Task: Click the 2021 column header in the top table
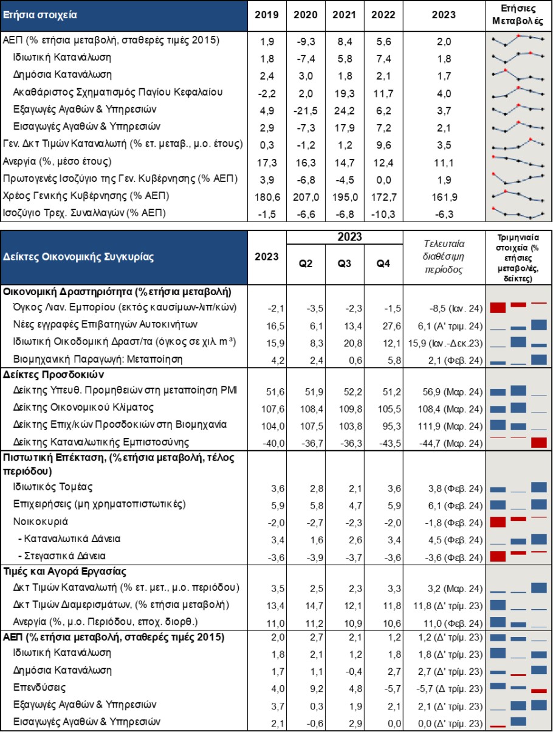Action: coord(344,15)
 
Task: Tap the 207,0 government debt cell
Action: coord(306,197)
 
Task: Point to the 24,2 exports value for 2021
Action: coord(345,110)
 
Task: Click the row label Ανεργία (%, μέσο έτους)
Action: coord(57,162)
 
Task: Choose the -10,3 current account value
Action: coord(383,214)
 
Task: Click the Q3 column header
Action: coord(344,263)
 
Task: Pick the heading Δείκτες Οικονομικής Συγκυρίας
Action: coord(78,257)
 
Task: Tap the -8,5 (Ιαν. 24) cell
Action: coord(456,308)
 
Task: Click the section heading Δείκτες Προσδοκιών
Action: coord(53,374)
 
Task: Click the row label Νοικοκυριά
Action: coord(40,521)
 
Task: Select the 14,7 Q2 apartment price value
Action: coord(314,605)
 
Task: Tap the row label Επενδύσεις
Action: coord(39,688)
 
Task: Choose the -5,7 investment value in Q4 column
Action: coord(391,689)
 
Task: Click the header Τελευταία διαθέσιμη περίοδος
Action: coord(444,257)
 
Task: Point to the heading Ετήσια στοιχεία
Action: coord(40,15)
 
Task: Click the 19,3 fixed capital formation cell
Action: coord(345,93)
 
